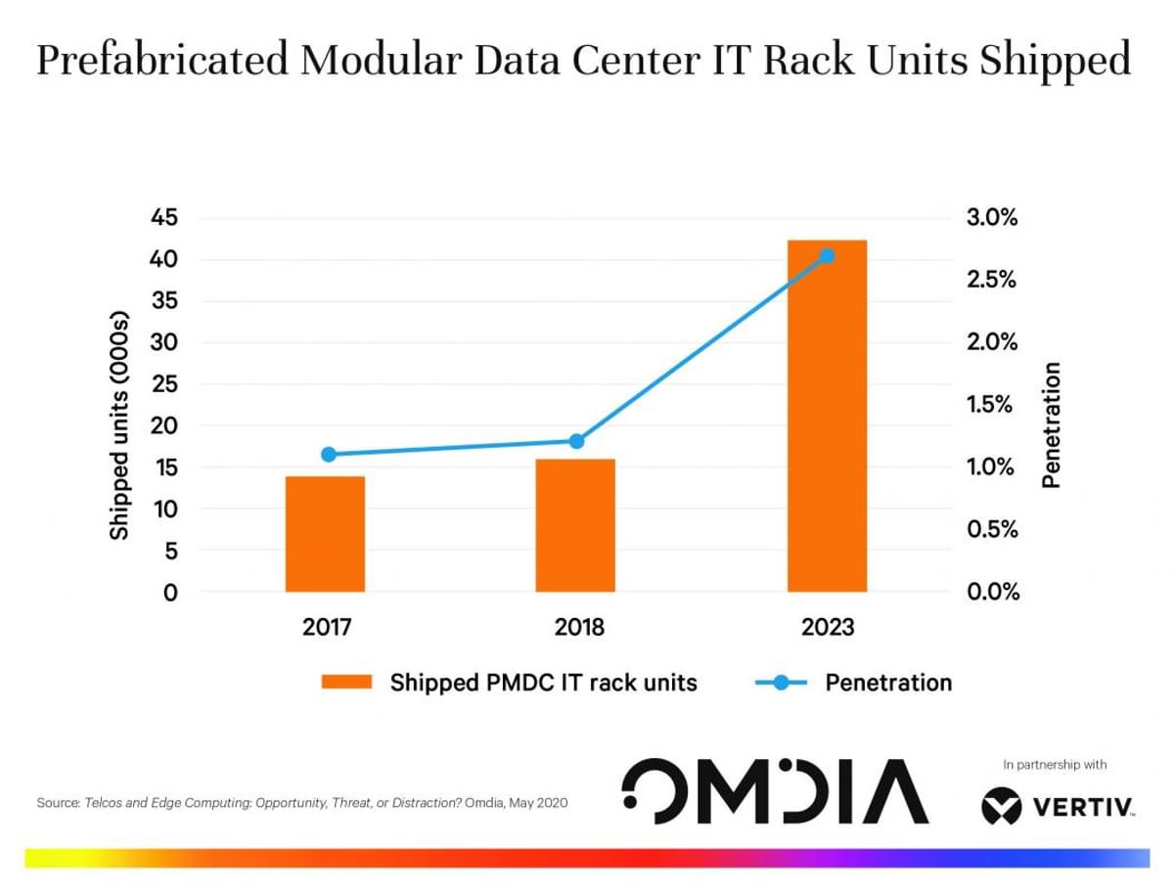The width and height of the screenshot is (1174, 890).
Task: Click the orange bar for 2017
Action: coord(325,534)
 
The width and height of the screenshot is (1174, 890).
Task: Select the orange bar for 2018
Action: coord(575,525)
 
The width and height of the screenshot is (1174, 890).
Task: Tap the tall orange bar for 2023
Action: coord(827,416)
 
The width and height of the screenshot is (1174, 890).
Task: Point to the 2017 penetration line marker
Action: coord(329,454)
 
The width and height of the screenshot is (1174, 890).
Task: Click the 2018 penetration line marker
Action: coord(576,441)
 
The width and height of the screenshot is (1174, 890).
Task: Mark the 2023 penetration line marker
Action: coord(827,256)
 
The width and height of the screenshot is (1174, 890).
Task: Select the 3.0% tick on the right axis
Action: coord(992,218)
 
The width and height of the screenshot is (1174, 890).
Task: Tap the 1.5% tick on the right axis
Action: coord(992,405)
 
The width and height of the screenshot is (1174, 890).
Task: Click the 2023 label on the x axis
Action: coord(828,627)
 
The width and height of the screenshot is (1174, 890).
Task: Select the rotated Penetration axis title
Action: coord(1052,424)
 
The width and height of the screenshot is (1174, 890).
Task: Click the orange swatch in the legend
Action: coord(346,682)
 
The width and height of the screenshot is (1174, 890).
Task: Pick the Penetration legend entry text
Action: coord(888,682)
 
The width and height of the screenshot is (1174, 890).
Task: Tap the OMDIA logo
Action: coord(774,791)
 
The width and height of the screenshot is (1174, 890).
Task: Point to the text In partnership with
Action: coord(1055,764)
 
